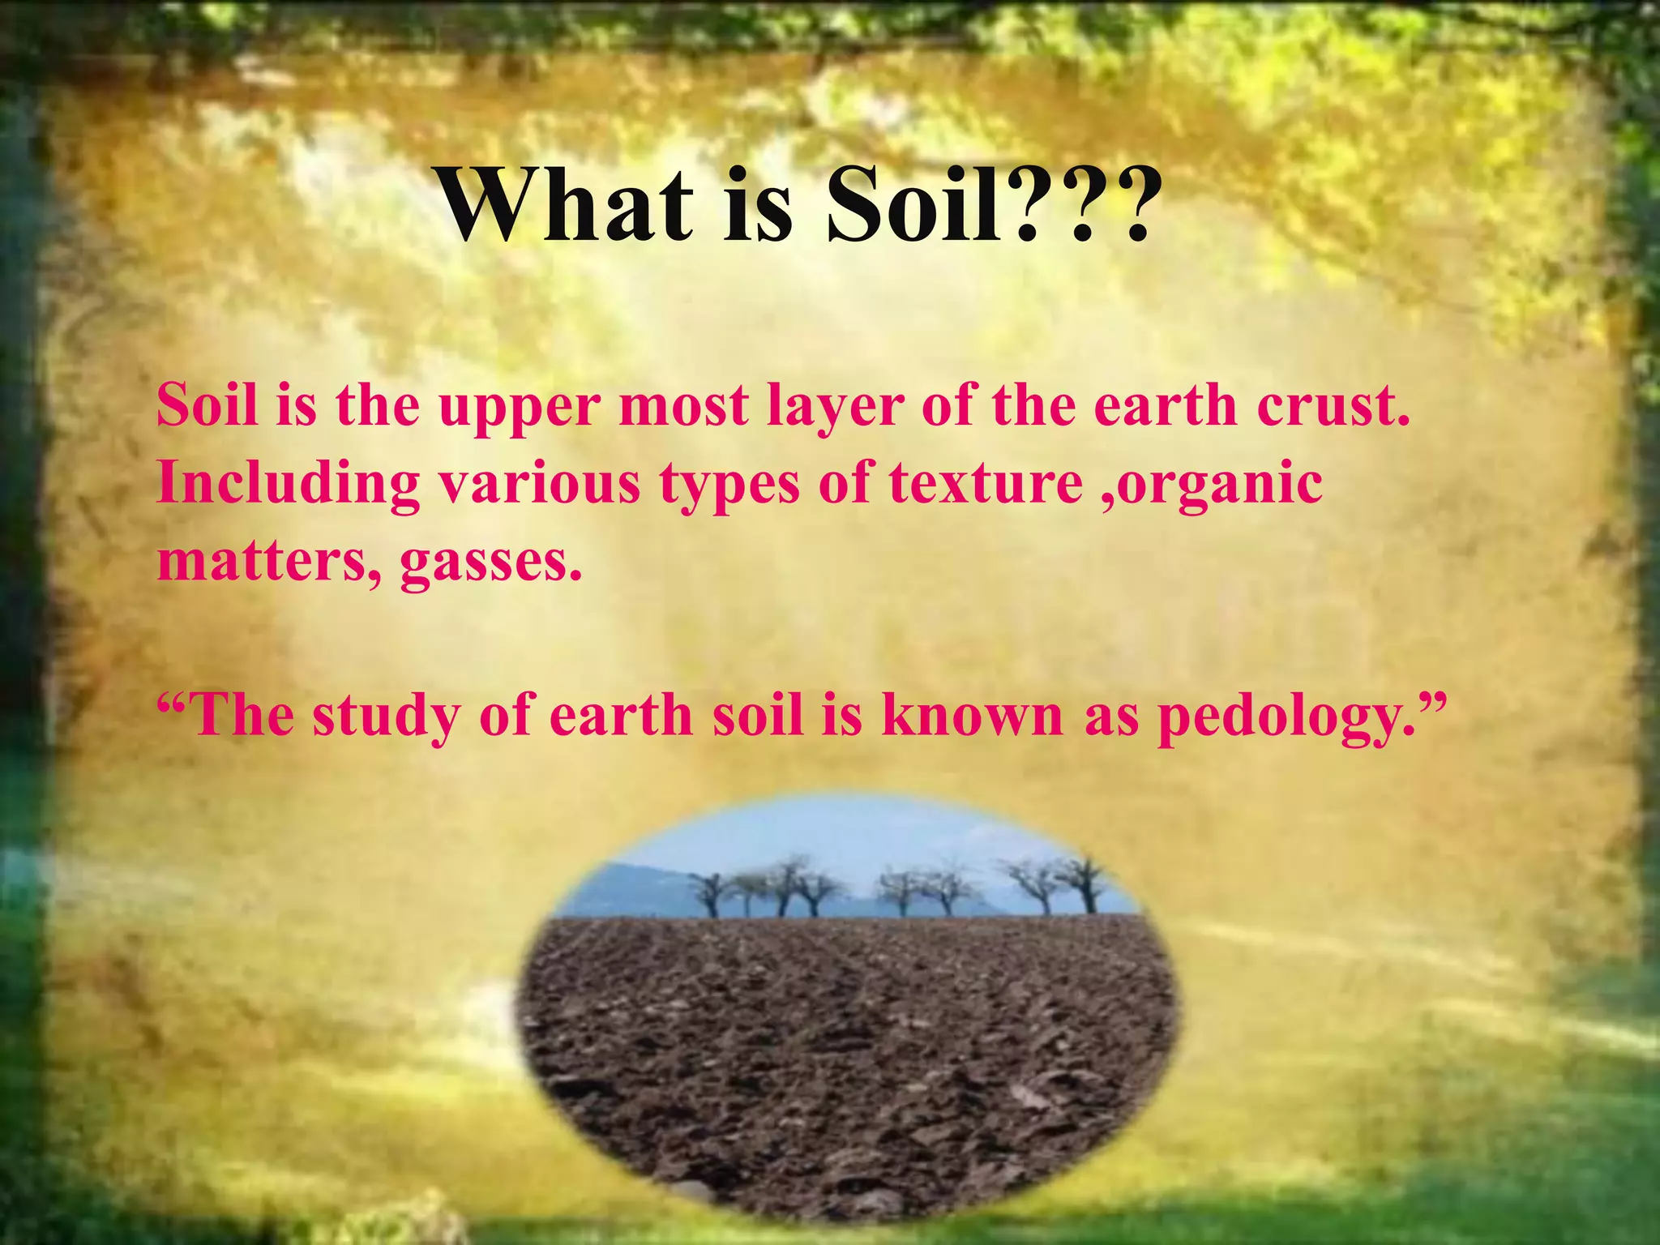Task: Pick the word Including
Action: click(288, 485)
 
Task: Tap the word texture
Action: click(986, 483)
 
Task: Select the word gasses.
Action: click(491, 561)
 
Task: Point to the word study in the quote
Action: click(385, 717)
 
